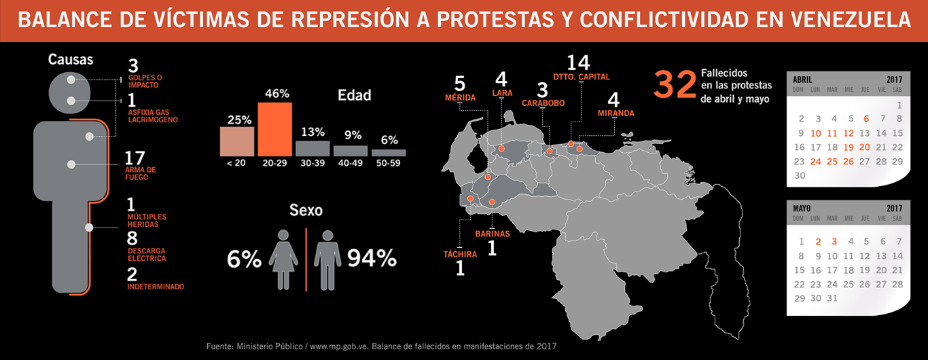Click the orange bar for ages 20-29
(274, 129)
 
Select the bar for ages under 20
(237, 142)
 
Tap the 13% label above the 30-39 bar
(313, 132)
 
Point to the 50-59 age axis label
(388, 163)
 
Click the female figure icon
(283, 259)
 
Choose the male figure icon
(327, 259)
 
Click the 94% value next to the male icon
(372, 258)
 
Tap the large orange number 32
(675, 84)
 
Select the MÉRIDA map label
(461, 98)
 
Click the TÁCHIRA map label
(461, 254)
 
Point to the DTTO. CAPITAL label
(582, 77)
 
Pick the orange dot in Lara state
(501, 148)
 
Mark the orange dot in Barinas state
(492, 202)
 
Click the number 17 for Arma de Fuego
(135, 158)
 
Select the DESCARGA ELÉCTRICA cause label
(147, 255)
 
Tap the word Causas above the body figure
(71, 60)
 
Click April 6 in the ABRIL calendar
(866, 119)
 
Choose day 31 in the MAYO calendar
(832, 298)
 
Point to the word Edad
(354, 95)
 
